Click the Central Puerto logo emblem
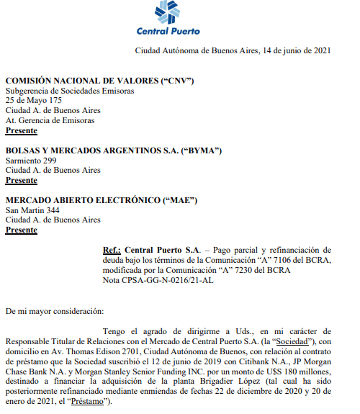click(x=169, y=12)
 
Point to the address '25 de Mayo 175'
click(x=34, y=101)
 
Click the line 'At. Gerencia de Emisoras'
click(x=50, y=121)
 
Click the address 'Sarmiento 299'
click(x=32, y=161)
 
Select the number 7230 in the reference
click(x=251, y=270)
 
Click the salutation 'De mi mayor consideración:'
click(x=54, y=311)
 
